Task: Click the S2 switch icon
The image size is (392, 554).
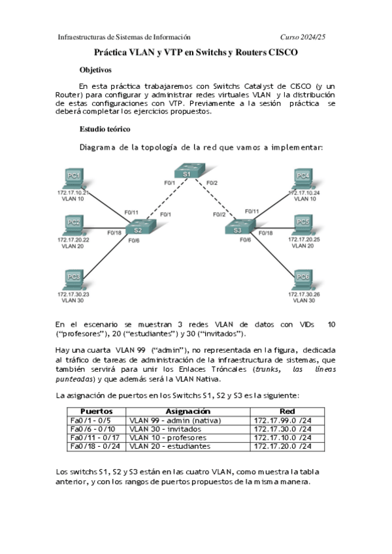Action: (137, 229)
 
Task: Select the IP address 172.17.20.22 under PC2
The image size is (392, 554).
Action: (73, 240)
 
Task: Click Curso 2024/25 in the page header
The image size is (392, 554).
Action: (302, 37)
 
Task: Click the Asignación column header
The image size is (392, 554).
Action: (188, 411)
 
